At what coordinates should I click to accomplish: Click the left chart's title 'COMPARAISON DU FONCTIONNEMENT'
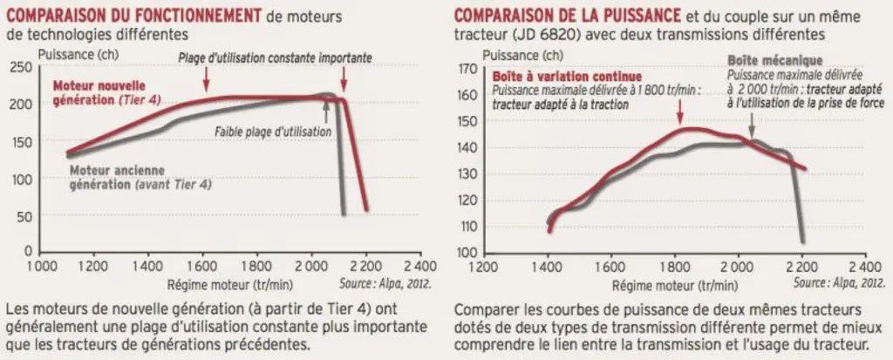[134, 16]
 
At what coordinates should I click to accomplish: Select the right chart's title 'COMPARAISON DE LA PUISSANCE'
[567, 16]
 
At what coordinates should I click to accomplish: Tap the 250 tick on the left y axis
[22, 67]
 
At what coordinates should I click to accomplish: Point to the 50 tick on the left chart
[25, 216]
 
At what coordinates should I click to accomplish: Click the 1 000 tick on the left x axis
[40, 266]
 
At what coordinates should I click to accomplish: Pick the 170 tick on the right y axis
[467, 70]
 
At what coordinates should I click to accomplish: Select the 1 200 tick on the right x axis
[485, 266]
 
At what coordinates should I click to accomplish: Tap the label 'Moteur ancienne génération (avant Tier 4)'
[140, 177]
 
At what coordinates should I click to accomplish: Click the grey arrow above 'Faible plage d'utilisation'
[326, 110]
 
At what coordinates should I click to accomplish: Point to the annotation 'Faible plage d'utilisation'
[273, 131]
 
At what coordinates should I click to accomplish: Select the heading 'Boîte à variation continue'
[567, 77]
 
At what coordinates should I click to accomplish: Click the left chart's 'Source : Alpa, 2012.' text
[385, 283]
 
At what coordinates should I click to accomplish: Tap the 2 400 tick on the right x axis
[864, 266]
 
